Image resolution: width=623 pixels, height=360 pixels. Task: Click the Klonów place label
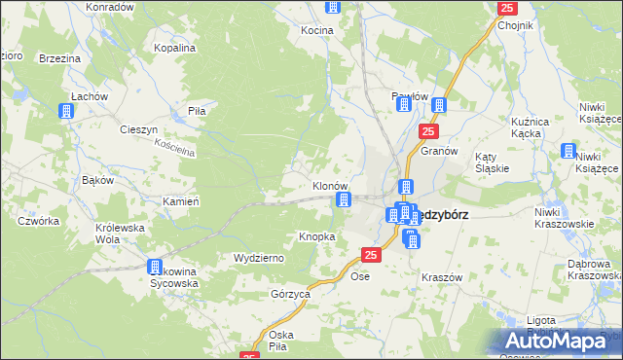pos(330,185)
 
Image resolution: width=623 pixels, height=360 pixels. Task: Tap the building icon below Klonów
pos(343,200)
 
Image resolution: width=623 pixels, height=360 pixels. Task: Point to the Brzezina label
pos(59,58)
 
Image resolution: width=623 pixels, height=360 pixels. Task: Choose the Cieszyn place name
pos(138,129)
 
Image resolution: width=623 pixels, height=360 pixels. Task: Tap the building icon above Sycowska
pos(154,267)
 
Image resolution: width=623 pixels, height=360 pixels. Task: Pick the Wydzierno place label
pos(258,258)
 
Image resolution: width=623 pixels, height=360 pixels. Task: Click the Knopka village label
pos(317,236)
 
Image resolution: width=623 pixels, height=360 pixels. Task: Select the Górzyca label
pos(291,293)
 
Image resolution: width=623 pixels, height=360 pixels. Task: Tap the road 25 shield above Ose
pos(370,255)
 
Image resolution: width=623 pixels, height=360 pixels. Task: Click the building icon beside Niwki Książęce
pos(568,151)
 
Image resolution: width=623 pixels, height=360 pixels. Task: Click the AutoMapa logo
pos(563,341)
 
